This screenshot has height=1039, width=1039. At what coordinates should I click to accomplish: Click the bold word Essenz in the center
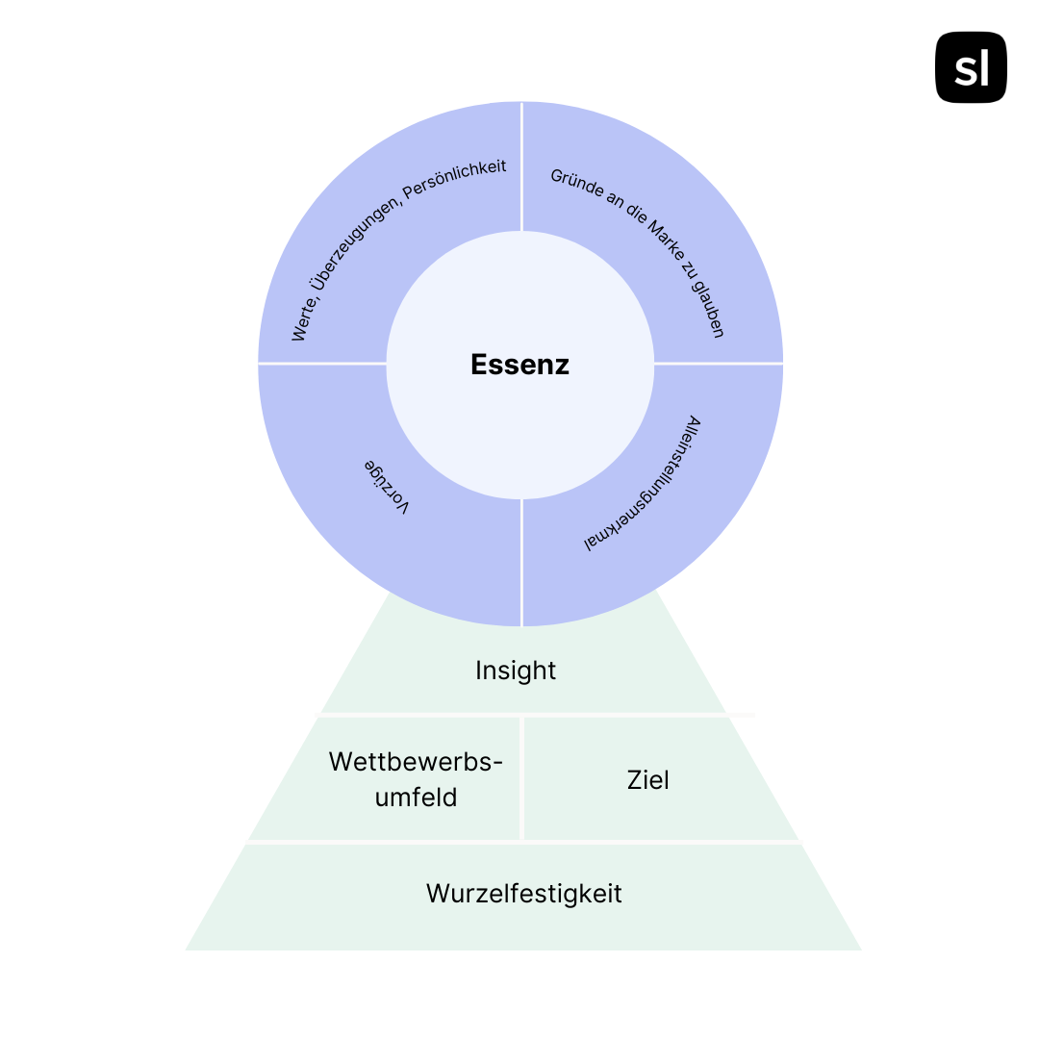519,365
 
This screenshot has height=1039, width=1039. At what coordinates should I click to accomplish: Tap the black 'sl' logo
971,67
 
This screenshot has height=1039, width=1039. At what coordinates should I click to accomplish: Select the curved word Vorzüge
387,486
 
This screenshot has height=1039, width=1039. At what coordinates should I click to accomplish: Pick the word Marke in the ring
667,241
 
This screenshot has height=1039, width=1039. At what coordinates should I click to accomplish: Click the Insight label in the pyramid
516,671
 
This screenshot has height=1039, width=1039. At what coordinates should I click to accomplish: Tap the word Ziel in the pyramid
648,780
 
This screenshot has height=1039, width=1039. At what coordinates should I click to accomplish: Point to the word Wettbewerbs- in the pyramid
416,762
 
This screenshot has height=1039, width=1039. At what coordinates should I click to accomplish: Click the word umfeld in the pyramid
416,798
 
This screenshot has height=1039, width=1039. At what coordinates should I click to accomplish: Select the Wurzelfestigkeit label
524,893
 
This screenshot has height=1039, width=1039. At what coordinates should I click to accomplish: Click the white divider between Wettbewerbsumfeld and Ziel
522,778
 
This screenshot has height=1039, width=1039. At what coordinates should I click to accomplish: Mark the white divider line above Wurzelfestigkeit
523,842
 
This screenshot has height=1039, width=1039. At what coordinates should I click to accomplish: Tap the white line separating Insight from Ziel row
523,715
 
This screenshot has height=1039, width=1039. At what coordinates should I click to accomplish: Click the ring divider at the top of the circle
522,166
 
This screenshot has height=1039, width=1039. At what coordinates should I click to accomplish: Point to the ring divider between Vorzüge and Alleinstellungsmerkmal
522,563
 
